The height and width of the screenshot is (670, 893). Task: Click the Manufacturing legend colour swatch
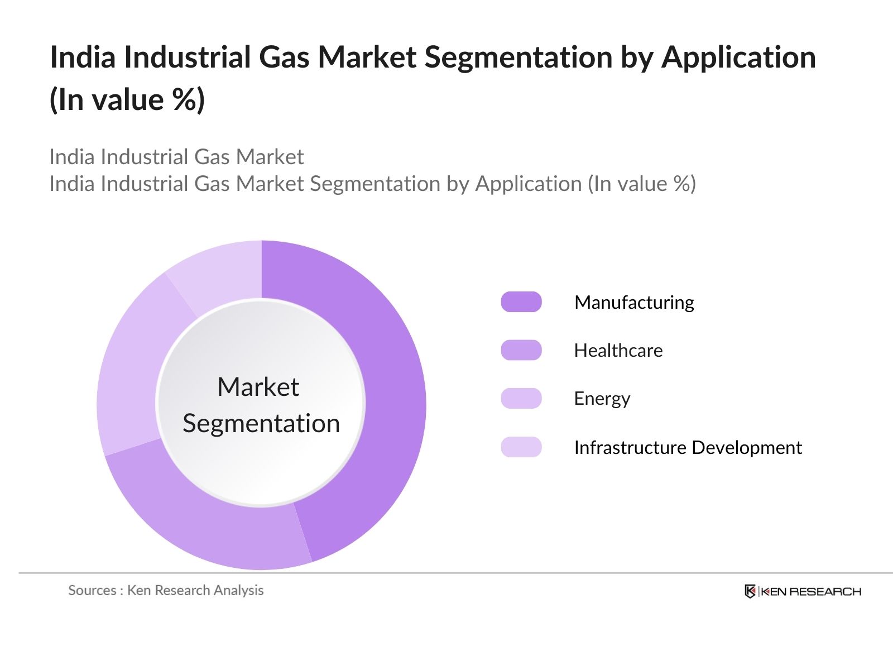click(x=521, y=302)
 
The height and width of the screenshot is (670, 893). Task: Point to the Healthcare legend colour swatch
click(x=521, y=350)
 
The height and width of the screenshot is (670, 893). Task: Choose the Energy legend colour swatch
click(x=521, y=399)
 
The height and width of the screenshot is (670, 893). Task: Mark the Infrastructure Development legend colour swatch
click(x=521, y=447)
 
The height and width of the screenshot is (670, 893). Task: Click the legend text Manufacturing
click(x=634, y=302)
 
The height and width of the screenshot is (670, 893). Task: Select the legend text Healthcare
click(x=618, y=350)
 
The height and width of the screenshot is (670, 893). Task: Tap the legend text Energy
click(x=602, y=399)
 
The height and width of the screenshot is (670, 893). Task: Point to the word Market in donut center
click(x=258, y=387)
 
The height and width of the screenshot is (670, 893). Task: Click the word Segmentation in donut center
click(x=261, y=423)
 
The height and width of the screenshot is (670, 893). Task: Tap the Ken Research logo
click(x=803, y=591)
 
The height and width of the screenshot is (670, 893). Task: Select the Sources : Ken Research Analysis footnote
click(x=166, y=590)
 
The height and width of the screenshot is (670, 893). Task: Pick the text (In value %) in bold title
click(x=127, y=100)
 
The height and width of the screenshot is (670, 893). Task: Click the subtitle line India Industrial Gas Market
click(x=176, y=157)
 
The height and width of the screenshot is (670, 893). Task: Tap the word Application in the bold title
click(x=738, y=57)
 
